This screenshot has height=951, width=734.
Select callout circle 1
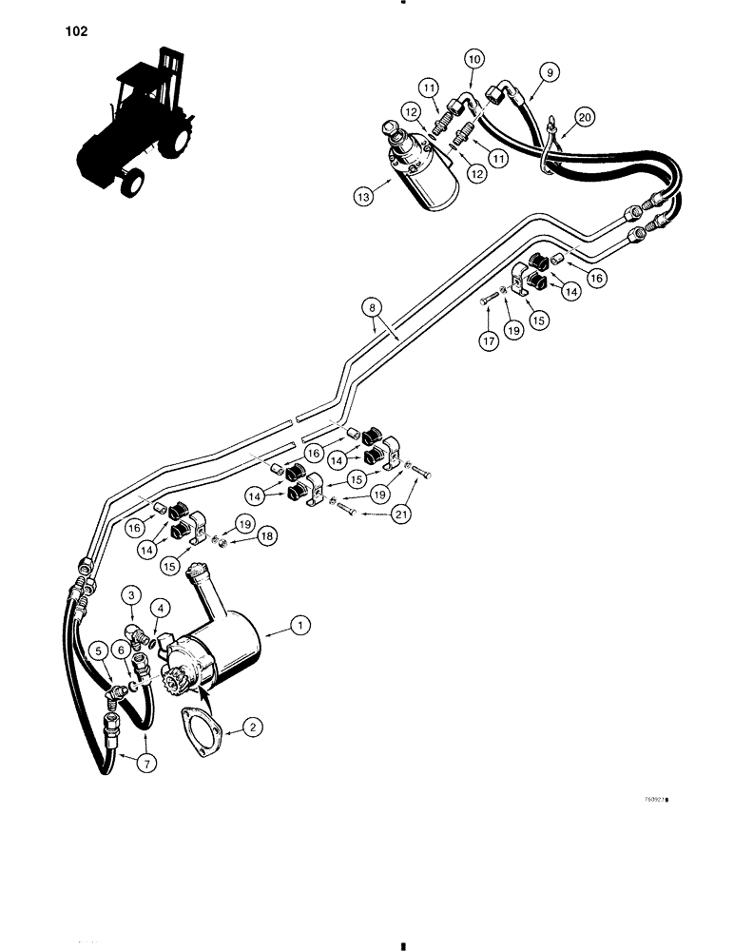(x=301, y=625)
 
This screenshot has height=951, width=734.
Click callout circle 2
(x=252, y=728)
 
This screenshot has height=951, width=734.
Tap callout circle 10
(x=474, y=58)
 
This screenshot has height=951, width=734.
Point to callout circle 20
(x=585, y=117)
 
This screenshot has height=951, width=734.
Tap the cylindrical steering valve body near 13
(x=424, y=173)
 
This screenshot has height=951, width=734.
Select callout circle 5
(x=98, y=651)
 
